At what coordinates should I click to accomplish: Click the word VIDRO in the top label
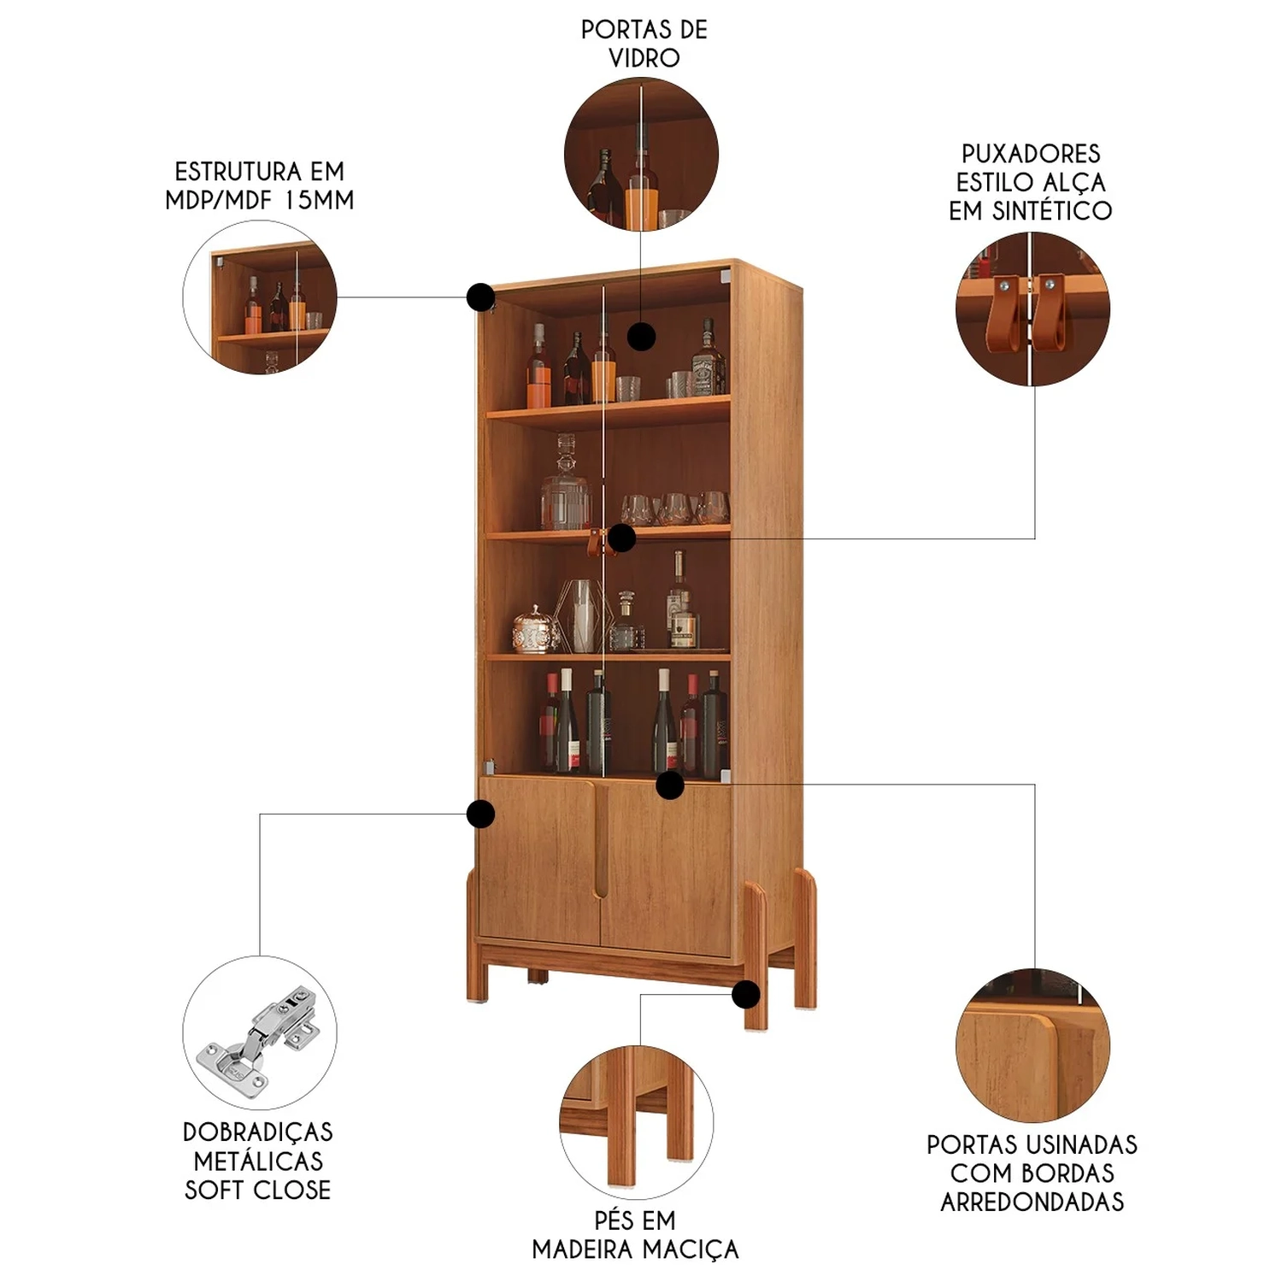click(x=644, y=58)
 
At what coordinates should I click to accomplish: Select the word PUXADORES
click(x=1031, y=154)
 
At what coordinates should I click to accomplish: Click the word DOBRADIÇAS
click(x=258, y=1132)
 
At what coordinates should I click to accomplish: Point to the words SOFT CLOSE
click(x=258, y=1190)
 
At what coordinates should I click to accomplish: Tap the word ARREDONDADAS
click(x=1032, y=1202)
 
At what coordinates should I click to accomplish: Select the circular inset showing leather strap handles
click(x=1032, y=309)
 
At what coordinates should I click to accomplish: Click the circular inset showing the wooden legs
click(x=636, y=1122)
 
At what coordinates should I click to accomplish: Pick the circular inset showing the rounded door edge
click(x=1032, y=1045)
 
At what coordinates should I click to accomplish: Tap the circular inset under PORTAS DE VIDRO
click(x=641, y=155)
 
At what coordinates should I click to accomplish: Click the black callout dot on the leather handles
click(x=621, y=538)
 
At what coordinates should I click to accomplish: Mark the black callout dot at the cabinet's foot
click(x=746, y=994)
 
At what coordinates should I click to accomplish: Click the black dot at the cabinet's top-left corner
click(x=480, y=297)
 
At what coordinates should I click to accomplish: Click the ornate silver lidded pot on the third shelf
click(x=535, y=629)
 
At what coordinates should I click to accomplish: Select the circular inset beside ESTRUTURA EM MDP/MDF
click(x=260, y=297)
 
